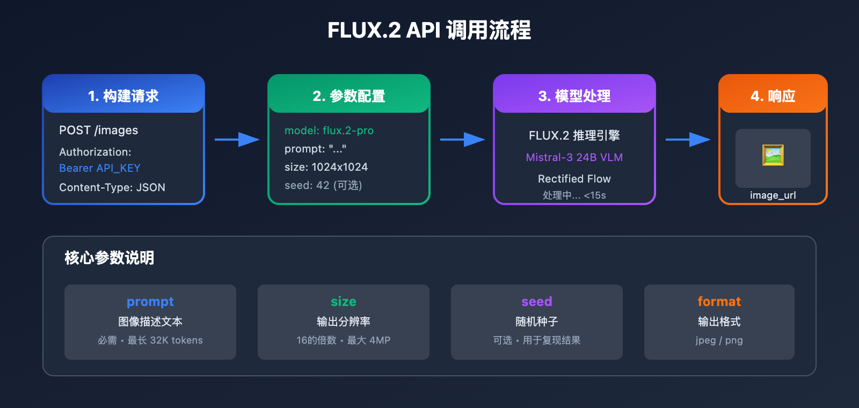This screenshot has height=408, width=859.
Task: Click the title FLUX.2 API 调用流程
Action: point(429,30)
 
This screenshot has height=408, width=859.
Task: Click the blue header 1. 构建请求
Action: point(123,96)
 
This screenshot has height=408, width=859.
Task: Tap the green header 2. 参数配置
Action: point(349,96)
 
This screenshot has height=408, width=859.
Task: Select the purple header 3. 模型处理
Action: point(574,96)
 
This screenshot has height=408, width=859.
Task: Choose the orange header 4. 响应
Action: point(773,96)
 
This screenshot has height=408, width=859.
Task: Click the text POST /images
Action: point(98,130)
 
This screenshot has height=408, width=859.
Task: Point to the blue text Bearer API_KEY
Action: point(100,168)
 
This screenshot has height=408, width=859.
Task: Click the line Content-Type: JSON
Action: point(112,187)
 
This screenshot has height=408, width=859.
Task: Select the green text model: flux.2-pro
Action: point(329,130)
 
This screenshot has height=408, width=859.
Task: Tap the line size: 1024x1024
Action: point(326,167)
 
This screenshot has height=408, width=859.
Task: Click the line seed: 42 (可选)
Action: point(323,185)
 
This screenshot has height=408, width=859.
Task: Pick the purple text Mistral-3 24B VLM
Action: point(574,157)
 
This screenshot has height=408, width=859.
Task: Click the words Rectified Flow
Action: point(574,179)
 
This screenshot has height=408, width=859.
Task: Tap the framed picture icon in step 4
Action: point(773,155)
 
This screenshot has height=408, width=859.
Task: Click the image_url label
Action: point(773,195)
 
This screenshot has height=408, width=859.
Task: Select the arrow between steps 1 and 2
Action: point(237,140)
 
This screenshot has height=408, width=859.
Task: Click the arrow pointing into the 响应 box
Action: point(688,140)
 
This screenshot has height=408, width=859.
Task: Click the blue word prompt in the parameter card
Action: point(150,302)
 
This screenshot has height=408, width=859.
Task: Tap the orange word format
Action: point(719,302)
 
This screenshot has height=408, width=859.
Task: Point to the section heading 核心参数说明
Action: point(110,258)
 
